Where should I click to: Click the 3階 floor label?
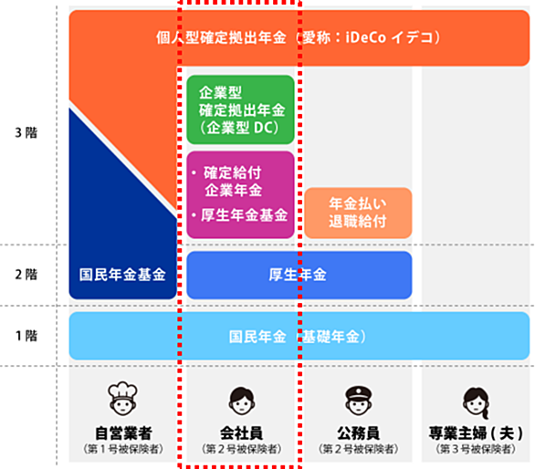click(26, 132)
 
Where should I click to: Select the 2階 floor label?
click(26, 275)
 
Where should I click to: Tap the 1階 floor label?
click(26, 336)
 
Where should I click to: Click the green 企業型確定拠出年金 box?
click(240, 109)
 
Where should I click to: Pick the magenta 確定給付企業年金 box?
click(240, 194)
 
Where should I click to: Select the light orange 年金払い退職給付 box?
click(358, 213)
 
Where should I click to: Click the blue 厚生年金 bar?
click(299, 275)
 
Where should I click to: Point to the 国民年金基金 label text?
click(122, 275)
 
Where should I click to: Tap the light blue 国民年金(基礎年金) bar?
click(299, 336)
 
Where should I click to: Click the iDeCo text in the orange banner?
click(365, 37)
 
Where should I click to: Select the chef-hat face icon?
click(123, 399)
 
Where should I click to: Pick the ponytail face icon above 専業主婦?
click(476, 402)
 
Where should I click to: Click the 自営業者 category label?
click(123, 433)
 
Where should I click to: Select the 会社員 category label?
click(242, 433)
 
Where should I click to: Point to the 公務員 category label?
click(358, 433)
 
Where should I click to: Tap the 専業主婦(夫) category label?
click(476, 433)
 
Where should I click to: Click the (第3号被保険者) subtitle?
click(476, 449)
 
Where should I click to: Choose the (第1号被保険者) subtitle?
click(123, 449)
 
